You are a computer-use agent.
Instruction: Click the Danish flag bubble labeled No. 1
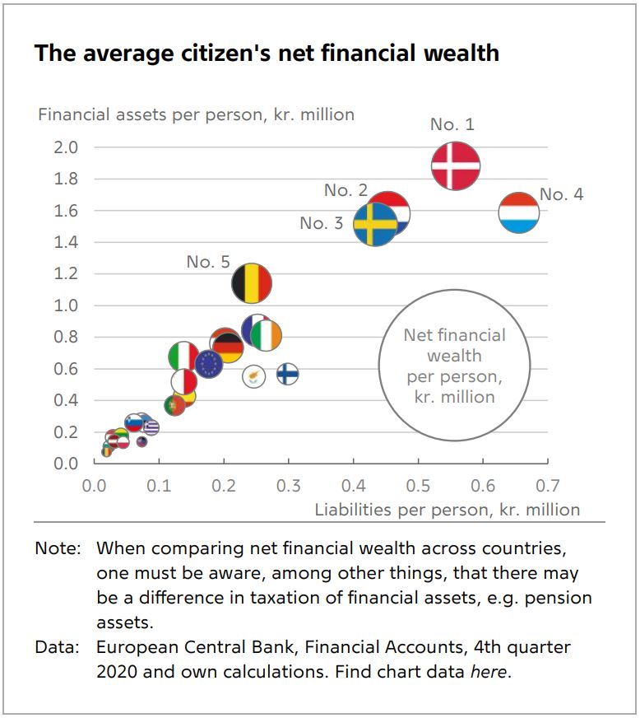(x=456, y=165)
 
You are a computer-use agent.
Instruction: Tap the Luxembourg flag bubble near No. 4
(x=519, y=212)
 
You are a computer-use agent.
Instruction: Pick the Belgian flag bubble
(x=251, y=284)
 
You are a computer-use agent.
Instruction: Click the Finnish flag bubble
(x=287, y=374)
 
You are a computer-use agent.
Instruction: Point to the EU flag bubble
(x=209, y=362)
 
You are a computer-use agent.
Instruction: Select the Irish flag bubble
(x=266, y=335)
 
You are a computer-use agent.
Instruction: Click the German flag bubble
(x=227, y=344)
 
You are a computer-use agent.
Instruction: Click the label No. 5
(x=208, y=262)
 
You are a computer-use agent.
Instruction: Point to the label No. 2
(x=346, y=190)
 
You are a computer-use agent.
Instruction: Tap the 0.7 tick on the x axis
(x=547, y=485)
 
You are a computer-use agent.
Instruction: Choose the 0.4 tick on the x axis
(x=354, y=485)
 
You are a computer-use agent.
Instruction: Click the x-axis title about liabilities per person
(x=447, y=510)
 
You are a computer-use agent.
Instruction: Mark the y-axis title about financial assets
(x=196, y=114)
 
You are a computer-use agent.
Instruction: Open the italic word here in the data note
(x=489, y=671)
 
